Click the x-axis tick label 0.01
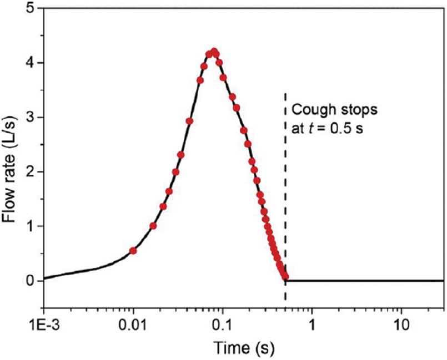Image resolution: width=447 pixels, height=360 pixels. pyautogui.click(x=133, y=322)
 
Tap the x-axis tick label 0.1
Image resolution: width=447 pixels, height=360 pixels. pyautogui.click(x=223, y=322)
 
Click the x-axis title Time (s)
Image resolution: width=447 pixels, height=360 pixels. pyautogui.click(x=244, y=348)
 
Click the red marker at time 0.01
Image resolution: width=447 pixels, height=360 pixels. pyautogui.click(x=133, y=251)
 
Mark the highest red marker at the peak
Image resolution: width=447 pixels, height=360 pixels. pyautogui.click(x=214, y=52)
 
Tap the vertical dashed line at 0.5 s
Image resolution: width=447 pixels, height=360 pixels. pyautogui.click(x=285, y=194)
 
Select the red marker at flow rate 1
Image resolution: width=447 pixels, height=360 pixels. pyautogui.click(x=153, y=226)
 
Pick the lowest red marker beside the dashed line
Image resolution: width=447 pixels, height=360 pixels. pyautogui.click(x=285, y=276)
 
